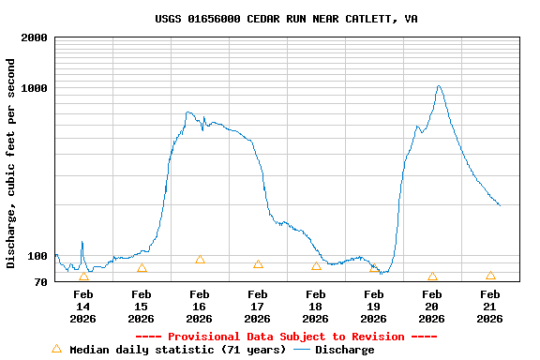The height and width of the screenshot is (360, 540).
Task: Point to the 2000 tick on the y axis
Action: click(35, 37)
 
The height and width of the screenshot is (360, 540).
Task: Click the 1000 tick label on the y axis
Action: click(35, 88)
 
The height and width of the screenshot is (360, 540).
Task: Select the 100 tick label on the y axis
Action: click(37, 256)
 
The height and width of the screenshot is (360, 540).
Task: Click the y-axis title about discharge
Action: click(11, 163)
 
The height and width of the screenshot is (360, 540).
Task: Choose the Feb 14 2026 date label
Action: click(83, 307)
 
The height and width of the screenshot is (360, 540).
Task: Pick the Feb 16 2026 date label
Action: click(199, 307)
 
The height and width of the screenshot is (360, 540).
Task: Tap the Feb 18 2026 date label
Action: click(315, 307)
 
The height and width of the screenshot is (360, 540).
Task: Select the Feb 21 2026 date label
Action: click(489, 307)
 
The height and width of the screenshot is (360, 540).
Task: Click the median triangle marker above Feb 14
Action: click(83, 277)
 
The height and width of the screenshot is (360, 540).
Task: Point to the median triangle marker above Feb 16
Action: click(200, 260)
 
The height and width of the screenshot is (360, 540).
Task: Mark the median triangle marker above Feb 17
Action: click(258, 264)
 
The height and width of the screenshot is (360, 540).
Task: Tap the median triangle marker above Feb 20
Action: click(432, 277)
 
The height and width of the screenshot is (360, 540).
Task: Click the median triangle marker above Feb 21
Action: click(490, 276)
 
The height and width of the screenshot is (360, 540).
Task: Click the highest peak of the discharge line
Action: click(438, 86)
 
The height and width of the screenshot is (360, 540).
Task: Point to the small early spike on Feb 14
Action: click(82, 242)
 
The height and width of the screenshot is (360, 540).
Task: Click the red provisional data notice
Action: click(286, 337)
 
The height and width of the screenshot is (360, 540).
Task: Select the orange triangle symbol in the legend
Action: click(56, 349)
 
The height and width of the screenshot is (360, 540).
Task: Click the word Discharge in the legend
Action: click(344, 350)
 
